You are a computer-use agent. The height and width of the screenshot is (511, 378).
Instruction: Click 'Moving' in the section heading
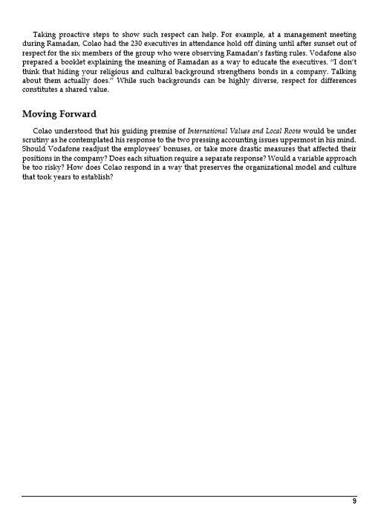point(42,114)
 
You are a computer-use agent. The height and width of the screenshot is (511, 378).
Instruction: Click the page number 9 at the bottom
point(354,501)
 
